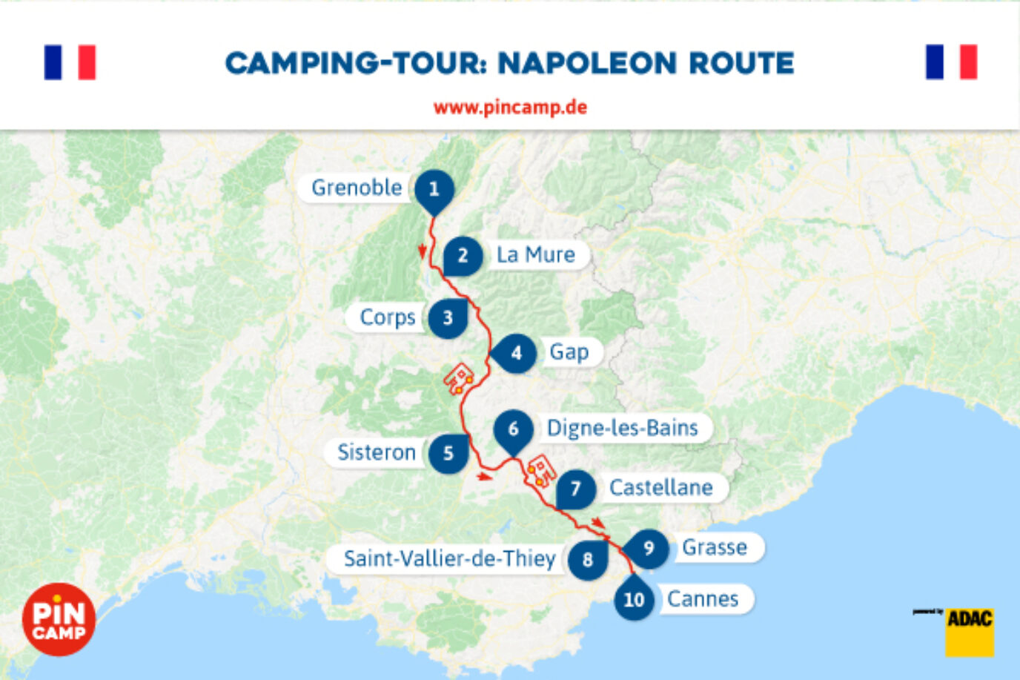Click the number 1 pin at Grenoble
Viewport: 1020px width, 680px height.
(x=434, y=189)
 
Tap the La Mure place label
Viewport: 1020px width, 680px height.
(x=535, y=254)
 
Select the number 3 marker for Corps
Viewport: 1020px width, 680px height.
(x=448, y=318)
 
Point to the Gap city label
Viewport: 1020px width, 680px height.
(x=569, y=351)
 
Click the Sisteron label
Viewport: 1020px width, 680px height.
(x=376, y=452)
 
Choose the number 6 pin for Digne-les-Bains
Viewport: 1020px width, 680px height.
(x=513, y=429)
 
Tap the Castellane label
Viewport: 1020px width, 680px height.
(x=660, y=487)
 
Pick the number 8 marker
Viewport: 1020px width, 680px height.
(x=588, y=559)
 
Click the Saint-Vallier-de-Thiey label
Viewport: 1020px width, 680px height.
(x=449, y=558)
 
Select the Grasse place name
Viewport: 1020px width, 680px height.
(x=714, y=547)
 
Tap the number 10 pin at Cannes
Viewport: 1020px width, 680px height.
(x=634, y=599)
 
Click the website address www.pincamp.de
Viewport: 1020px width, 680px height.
(x=510, y=108)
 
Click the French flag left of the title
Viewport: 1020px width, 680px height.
(x=70, y=62)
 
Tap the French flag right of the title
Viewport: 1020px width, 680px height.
(x=951, y=62)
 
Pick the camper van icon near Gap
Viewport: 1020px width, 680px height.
(x=459, y=378)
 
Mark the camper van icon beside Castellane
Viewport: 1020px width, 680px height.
(x=541, y=470)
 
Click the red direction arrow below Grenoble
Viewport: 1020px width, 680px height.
(x=423, y=251)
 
